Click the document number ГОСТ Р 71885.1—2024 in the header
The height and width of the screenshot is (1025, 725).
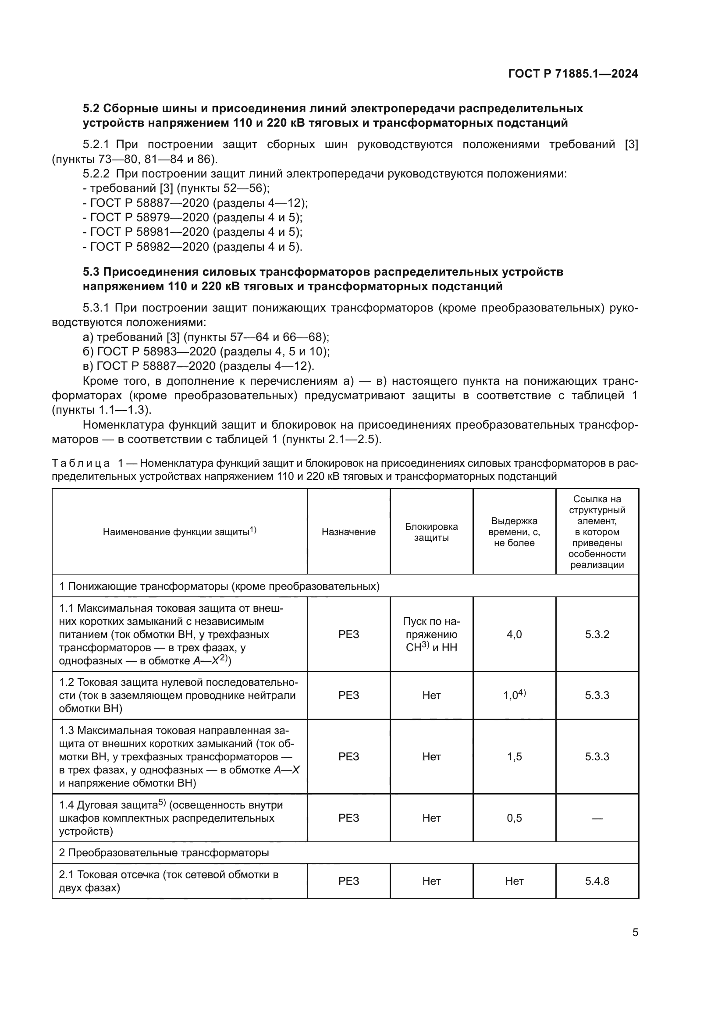click(573, 74)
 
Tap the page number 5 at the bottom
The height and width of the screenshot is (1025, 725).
click(635, 932)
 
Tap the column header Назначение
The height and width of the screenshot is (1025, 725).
click(348, 532)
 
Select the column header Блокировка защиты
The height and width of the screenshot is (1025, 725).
click(431, 532)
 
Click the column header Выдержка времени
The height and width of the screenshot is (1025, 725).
click(514, 532)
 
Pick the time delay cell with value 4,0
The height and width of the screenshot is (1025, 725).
click(514, 635)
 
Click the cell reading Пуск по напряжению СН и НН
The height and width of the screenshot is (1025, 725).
click(431, 635)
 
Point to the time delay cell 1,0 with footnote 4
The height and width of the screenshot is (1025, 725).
click(514, 695)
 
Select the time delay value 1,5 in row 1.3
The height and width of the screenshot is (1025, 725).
click(514, 756)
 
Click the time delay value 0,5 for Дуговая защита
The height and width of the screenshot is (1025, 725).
click(514, 817)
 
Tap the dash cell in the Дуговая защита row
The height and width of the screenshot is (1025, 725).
click(597, 818)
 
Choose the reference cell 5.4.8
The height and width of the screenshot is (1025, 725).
click(597, 880)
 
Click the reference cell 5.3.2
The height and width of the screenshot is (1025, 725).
click(597, 635)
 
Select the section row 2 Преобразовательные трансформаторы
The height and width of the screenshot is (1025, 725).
click(164, 852)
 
